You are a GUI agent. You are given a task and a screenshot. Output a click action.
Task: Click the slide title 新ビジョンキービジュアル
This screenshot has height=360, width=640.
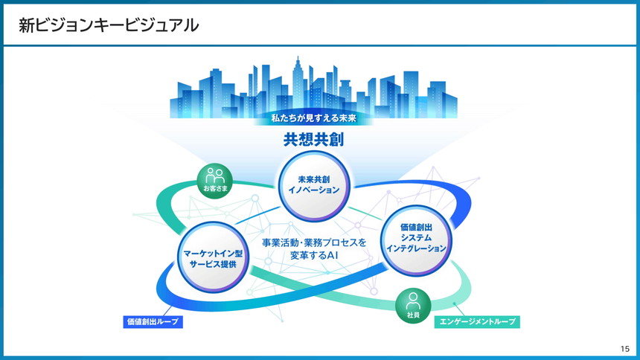109,25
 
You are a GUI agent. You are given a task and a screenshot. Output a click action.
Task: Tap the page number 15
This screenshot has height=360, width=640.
624,349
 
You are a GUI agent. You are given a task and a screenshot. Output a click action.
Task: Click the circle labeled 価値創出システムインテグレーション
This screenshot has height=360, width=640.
417,237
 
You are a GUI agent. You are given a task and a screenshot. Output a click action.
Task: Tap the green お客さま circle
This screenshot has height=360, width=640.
215,181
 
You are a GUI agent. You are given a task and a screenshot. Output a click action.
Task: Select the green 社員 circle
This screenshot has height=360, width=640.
413,306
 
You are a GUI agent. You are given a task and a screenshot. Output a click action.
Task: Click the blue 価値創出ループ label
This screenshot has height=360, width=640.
153,322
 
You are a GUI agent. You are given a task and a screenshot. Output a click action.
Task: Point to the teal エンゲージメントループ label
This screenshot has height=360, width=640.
477,322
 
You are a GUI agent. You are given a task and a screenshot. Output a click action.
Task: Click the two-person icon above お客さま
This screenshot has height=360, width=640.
215,176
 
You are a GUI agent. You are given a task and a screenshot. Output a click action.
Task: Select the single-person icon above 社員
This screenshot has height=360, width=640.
413,301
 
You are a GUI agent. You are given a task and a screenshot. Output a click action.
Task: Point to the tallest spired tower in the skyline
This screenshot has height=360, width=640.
298,82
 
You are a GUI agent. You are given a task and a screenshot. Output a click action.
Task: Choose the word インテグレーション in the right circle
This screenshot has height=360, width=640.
417,248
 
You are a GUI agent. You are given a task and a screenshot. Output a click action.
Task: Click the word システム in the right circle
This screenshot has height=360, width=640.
417,237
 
